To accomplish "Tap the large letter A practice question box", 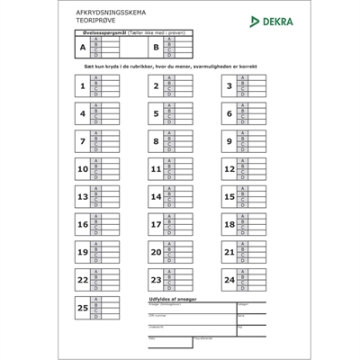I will (84, 47).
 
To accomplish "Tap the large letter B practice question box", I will (157, 47).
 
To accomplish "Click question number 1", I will (83, 87).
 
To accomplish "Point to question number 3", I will (229, 87).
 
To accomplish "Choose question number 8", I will (156, 142).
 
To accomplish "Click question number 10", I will (83, 169).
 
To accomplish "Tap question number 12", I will (229, 169).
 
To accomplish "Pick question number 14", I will (156, 197).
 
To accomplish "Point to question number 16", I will (83, 225).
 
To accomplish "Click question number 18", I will (229, 225).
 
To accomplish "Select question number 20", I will (156, 253).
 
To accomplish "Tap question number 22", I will (83, 281).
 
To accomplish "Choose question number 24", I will (229, 281).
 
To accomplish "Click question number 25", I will (83, 309).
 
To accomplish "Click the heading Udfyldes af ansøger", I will (172, 298).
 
